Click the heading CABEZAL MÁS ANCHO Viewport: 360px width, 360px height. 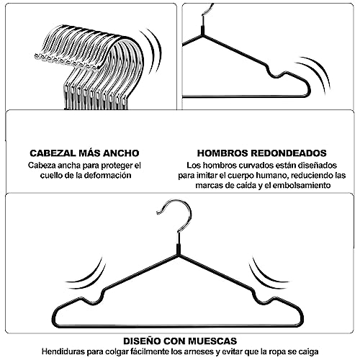coord(84,153)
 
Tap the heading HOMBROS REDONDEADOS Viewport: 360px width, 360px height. coord(261,153)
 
